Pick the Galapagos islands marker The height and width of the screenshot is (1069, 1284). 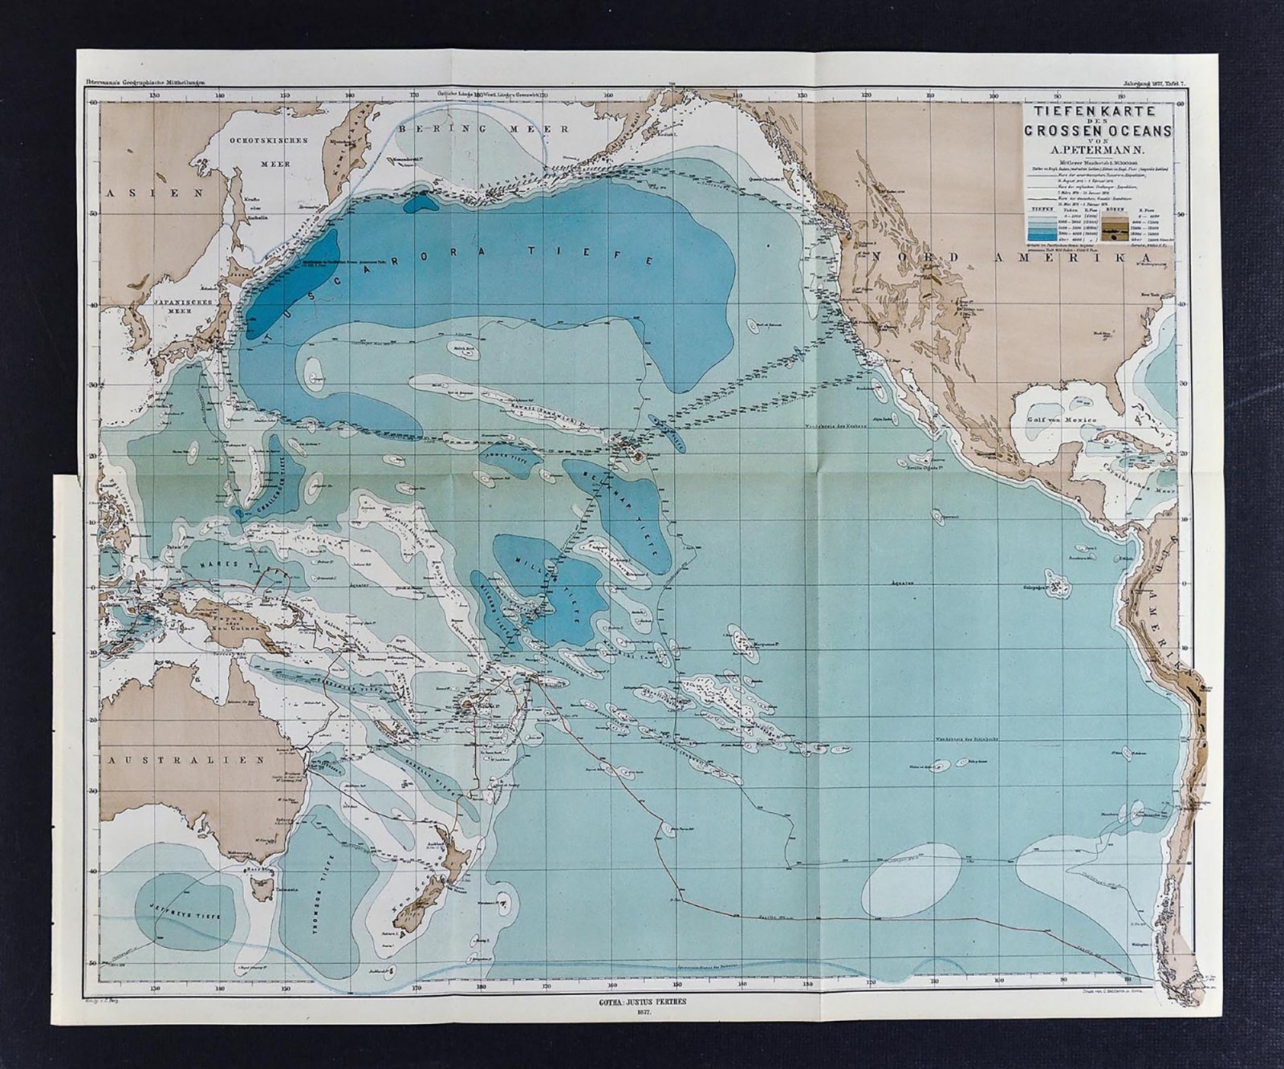pos(1060,587)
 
